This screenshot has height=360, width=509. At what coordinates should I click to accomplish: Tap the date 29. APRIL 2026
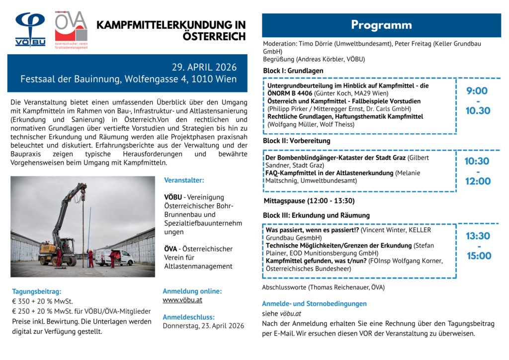[x=204, y=67]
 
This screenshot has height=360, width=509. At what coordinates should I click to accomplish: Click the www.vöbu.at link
[x=182, y=300]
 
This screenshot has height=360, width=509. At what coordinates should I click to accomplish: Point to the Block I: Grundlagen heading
[x=293, y=71]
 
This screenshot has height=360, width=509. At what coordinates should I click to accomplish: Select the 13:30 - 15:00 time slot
[x=478, y=246]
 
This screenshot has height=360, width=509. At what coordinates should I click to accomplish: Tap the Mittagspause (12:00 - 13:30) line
[x=309, y=201]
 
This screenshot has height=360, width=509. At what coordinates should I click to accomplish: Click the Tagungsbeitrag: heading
[x=37, y=291]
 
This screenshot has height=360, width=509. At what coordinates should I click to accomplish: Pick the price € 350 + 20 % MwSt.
[x=43, y=301]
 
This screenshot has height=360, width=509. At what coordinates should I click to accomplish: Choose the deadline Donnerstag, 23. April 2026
[x=203, y=326]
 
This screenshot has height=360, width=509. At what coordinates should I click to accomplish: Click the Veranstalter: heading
[x=184, y=180]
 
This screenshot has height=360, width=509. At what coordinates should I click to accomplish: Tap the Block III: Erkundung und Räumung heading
[x=316, y=215]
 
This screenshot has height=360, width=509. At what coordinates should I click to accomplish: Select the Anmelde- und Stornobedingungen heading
[x=314, y=303]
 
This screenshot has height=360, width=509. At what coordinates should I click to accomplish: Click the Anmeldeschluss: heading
[x=188, y=317]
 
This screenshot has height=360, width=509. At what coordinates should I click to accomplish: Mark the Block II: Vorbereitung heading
[x=297, y=141]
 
